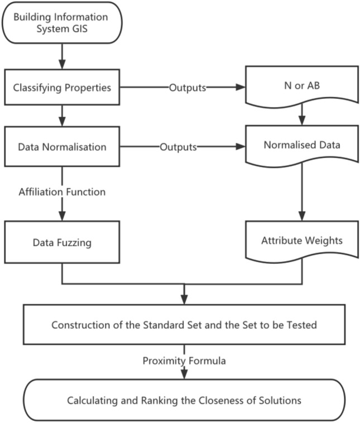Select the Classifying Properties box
pyautogui.click(x=62, y=87)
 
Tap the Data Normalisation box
pyautogui.click(x=62, y=147)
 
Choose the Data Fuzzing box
pyautogui.click(x=62, y=243)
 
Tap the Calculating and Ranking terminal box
pyautogui.click(x=184, y=400)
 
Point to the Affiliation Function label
pyautogui.click(x=62, y=192)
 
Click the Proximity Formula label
pyautogui.click(x=184, y=361)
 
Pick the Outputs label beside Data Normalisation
pyautogui.click(x=178, y=147)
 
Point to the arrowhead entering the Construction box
pyautogui.click(x=184, y=301)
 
